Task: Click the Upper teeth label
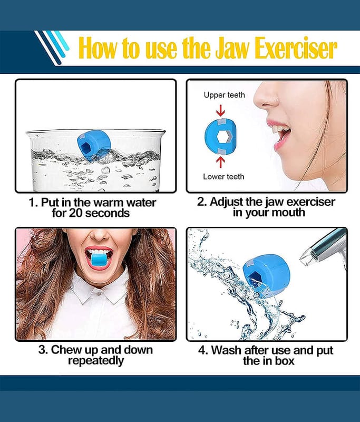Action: click(x=224, y=95)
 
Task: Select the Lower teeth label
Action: click(x=223, y=177)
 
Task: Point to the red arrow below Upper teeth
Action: click(x=220, y=110)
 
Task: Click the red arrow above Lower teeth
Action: click(x=220, y=162)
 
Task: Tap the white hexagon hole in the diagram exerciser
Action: click(x=222, y=137)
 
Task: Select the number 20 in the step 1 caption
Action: click(x=75, y=214)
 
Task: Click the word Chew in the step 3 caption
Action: click(x=66, y=350)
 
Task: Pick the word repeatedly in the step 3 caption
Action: click(x=96, y=361)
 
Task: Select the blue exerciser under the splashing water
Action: click(x=266, y=276)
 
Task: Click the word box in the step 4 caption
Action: click(x=285, y=361)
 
